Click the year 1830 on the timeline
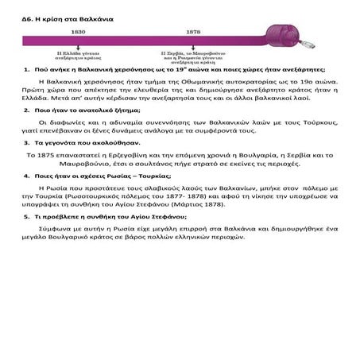click(78, 33)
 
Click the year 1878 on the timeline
click(192, 33)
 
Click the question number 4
click(27, 173)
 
